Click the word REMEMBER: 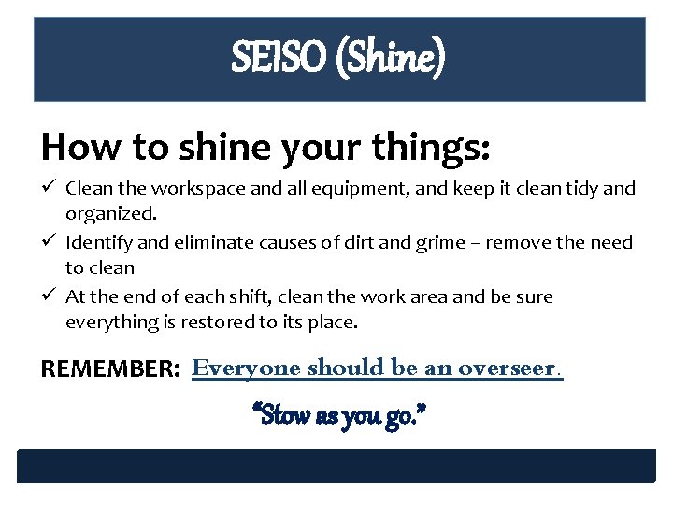tap(110, 368)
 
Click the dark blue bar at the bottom tap(336, 466)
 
